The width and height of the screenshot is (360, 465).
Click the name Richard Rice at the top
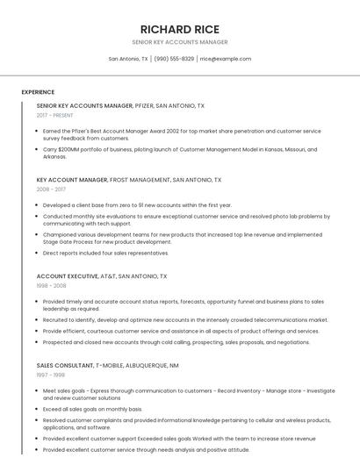tap(179, 29)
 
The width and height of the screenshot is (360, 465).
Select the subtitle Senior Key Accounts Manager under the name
tap(179, 42)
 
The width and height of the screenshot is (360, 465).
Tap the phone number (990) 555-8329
tap(174, 59)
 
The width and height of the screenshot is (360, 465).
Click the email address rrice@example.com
tap(226, 59)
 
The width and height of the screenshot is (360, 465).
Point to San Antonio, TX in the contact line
tap(128, 59)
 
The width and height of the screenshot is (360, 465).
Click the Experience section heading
tap(38, 92)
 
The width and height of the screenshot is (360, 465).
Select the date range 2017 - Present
tap(55, 115)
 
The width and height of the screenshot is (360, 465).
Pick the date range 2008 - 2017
tap(51, 189)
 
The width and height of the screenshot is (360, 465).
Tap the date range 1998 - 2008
tap(51, 285)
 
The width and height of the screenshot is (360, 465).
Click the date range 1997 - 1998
tap(51, 375)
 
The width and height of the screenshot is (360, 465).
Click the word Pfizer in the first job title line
tap(145, 105)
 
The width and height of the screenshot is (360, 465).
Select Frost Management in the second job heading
tap(140, 179)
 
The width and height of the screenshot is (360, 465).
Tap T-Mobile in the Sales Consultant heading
tap(112, 365)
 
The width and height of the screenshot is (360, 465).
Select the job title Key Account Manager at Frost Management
tap(72, 179)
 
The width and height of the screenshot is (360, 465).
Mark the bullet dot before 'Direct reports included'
tap(39, 253)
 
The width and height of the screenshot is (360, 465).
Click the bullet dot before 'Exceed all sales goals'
tap(39, 409)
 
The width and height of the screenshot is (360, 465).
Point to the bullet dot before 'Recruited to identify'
tap(39, 320)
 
